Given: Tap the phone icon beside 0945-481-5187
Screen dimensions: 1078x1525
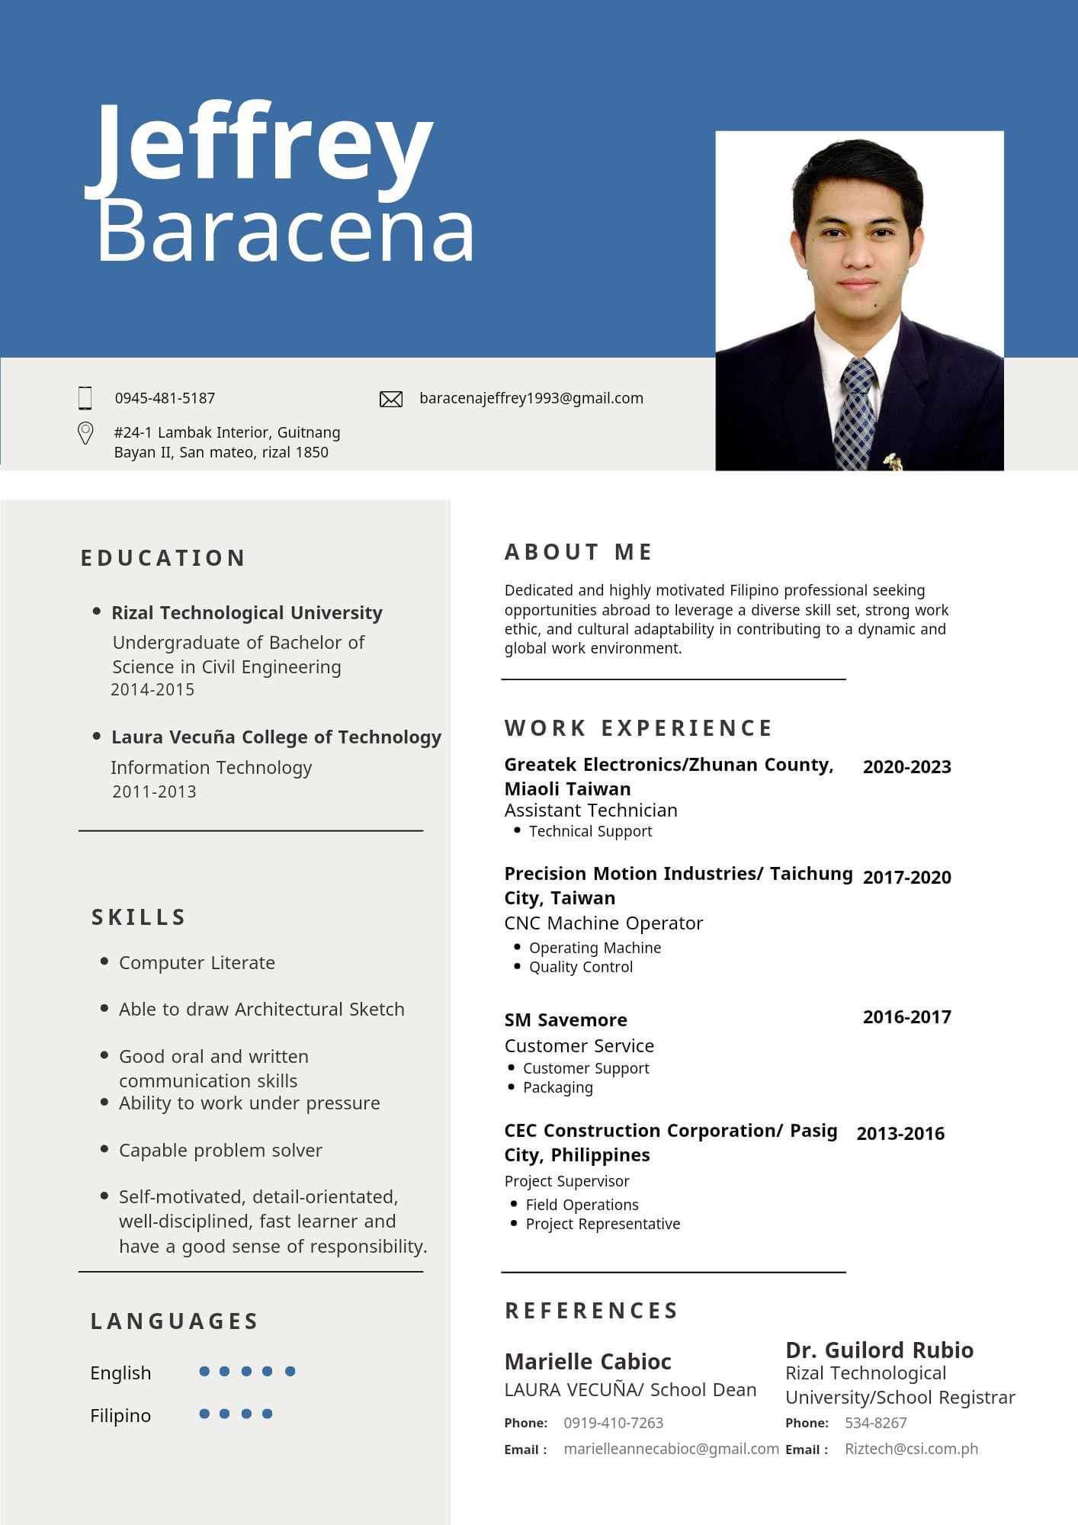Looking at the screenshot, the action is pos(85,398).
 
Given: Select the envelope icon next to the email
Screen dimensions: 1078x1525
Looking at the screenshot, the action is pos(391,399).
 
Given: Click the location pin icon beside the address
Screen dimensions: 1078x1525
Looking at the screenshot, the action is pos(85,433).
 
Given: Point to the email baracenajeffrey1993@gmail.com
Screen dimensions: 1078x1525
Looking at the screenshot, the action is pos(531,398).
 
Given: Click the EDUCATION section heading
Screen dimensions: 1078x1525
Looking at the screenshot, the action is pos(163,558).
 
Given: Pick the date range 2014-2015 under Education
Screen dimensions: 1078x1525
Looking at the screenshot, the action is pos(152,689).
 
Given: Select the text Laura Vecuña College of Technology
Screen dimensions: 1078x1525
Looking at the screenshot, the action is pos(276,737).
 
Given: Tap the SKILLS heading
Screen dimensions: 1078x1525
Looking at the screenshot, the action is pos(139,917).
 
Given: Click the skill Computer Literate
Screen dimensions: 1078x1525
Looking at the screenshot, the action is pos(197,962).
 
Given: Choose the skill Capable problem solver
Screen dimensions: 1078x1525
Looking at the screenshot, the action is pos(220,1150).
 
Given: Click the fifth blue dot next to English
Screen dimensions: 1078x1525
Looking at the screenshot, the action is pos(290,1371).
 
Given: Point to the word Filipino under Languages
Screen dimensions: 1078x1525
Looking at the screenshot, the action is pos(120,1415).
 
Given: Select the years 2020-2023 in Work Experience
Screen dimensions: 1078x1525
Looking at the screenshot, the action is pos(906,766).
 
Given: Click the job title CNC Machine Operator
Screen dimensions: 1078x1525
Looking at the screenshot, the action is pos(603,923).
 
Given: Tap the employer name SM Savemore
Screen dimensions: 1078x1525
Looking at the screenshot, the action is pos(566,1019).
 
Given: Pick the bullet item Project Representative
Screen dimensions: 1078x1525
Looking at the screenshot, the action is pos(602,1224).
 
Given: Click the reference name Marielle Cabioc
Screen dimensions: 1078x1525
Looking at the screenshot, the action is pos(588,1361).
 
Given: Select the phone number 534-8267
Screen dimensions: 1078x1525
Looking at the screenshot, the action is pos(875,1423).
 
